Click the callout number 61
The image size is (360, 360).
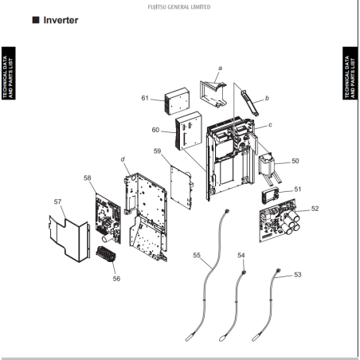click(x=145, y=98)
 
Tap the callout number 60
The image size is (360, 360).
click(x=155, y=130)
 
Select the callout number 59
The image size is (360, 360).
click(x=157, y=151)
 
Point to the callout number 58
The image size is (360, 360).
click(x=88, y=178)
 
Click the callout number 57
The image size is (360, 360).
click(x=57, y=202)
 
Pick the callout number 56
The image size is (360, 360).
click(x=116, y=279)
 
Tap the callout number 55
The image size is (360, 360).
click(x=197, y=255)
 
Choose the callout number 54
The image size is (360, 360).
click(x=241, y=255)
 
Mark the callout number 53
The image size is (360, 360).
click(x=298, y=275)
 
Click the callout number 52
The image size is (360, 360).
click(x=315, y=209)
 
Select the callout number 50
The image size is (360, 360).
click(x=295, y=161)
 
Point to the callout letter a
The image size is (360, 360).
click(x=220, y=68)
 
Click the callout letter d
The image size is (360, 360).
click(x=123, y=159)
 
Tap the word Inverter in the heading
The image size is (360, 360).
click(x=61, y=20)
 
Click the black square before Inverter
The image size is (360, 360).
click(x=36, y=20)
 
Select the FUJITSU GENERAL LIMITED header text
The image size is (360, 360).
click(x=179, y=7)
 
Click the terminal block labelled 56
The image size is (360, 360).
click(x=106, y=254)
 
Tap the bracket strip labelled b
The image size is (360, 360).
click(x=249, y=103)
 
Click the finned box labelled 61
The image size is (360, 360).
click(x=177, y=101)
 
